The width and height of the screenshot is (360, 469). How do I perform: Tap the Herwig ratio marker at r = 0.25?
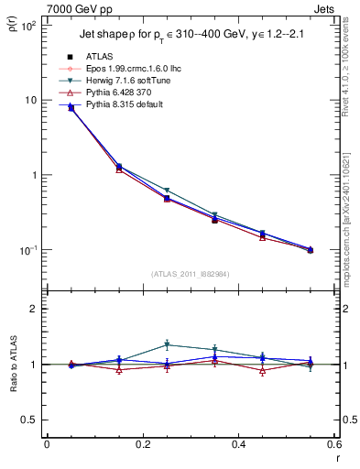tap(167, 345)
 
